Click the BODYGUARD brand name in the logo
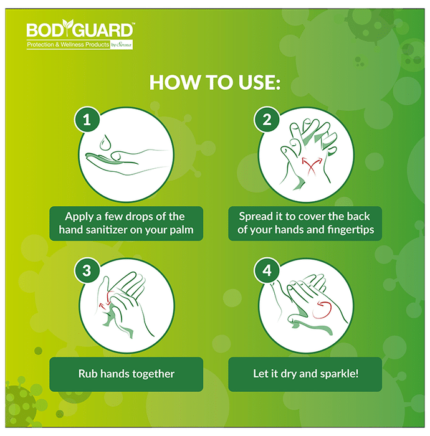[x=80, y=29]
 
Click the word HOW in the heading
[x=174, y=82]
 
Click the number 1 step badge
[x=87, y=120]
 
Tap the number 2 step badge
[x=267, y=120]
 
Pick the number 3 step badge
[x=87, y=270]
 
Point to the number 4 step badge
[x=267, y=270]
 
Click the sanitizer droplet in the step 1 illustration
[x=105, y=143]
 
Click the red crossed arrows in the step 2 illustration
[x=312, y=166]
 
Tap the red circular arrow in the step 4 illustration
[x=323, y=310]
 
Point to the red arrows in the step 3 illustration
[x=106, y=300]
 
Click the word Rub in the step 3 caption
[x=88, y=374]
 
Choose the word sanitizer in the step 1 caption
[x=107, y=230]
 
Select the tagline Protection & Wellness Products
[x=68, y=44]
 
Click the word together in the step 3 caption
[x=153, y=374]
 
